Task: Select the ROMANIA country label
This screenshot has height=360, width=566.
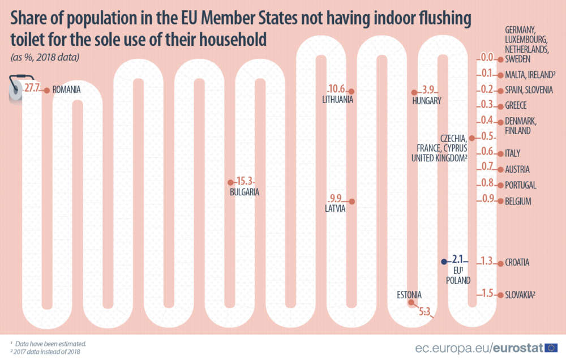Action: [66, 89]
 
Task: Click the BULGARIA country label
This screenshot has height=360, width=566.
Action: [245, 192]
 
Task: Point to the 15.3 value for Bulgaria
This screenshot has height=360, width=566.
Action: [245, 182]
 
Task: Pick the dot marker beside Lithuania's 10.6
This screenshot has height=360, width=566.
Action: [351, 91]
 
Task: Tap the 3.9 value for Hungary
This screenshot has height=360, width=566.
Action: [428, 90]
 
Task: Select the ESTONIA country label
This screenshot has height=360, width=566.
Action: [409, 295]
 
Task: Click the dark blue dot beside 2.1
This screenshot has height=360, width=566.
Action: [444, 262]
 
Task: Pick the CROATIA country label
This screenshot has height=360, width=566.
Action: [517, 263]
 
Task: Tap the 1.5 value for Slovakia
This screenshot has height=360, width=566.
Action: [487, 293]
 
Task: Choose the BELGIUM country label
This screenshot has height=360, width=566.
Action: [517, 201]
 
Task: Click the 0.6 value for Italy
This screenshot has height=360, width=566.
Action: [487, 152]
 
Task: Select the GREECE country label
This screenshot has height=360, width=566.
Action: [516, 105]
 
